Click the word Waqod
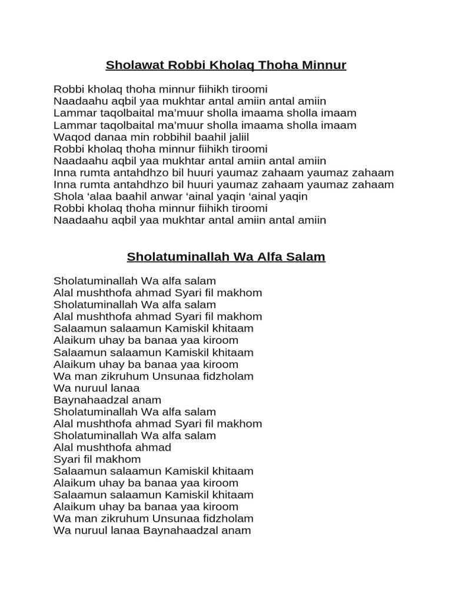click(70, 137)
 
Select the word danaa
click(105, 137)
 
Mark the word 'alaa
click(98, 196)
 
